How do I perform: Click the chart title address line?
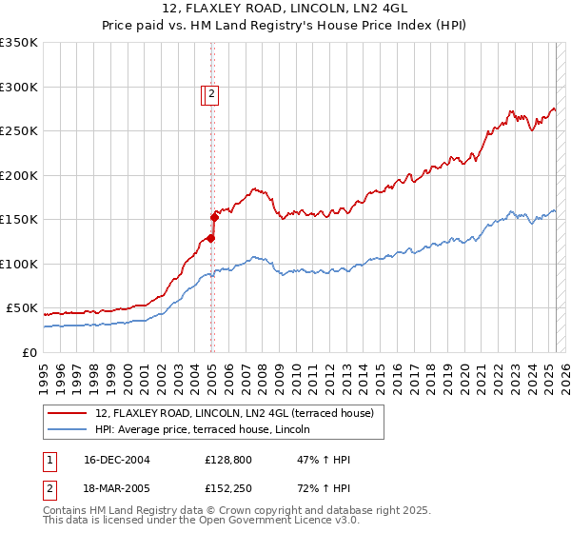[x=285, y=10]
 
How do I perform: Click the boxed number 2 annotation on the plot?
[x=210, y=94]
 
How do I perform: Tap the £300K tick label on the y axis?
[x=19, y=87]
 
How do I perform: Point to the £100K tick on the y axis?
[x=19, y=264]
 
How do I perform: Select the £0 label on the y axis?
[x=30, y=352]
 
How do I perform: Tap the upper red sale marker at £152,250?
[x=214, y=218]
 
